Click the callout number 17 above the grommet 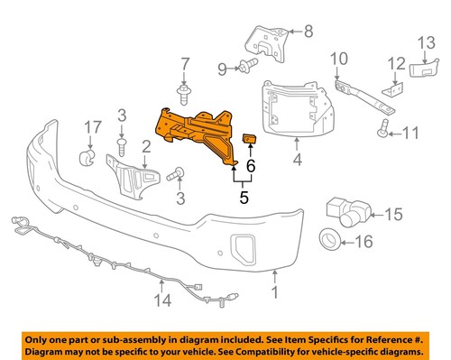pyautogui.click(x=89, y=130)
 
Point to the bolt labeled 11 pyautogui.click(x=383, y=133)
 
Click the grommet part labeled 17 pyautogui.click(x=87, y=159)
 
